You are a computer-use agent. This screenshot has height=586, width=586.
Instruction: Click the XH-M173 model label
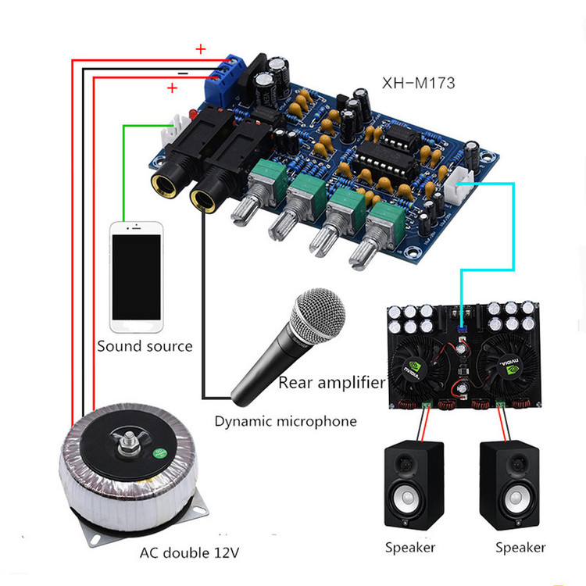418,83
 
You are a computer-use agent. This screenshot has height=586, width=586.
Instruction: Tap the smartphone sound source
137,277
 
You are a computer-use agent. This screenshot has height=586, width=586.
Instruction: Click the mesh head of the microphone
318,316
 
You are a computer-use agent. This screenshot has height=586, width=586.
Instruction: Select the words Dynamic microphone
285,422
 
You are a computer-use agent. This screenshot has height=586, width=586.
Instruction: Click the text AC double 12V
189,552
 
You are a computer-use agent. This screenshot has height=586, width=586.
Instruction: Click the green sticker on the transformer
161,454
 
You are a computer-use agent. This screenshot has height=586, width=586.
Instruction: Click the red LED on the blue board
193,113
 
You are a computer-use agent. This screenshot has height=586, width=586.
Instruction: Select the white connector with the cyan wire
459,184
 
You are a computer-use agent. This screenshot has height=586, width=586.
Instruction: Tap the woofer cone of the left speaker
408,498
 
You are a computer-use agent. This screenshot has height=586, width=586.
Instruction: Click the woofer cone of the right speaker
516,498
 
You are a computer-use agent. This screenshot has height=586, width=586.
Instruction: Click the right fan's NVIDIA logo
509,366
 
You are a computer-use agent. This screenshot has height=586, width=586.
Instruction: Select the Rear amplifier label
332,383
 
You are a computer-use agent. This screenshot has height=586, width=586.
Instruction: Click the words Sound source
145,346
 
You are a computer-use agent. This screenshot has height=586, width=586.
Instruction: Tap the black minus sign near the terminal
183,73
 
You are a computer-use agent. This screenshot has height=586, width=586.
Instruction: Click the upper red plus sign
201,49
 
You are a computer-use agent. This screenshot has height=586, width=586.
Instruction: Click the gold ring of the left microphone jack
163,185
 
